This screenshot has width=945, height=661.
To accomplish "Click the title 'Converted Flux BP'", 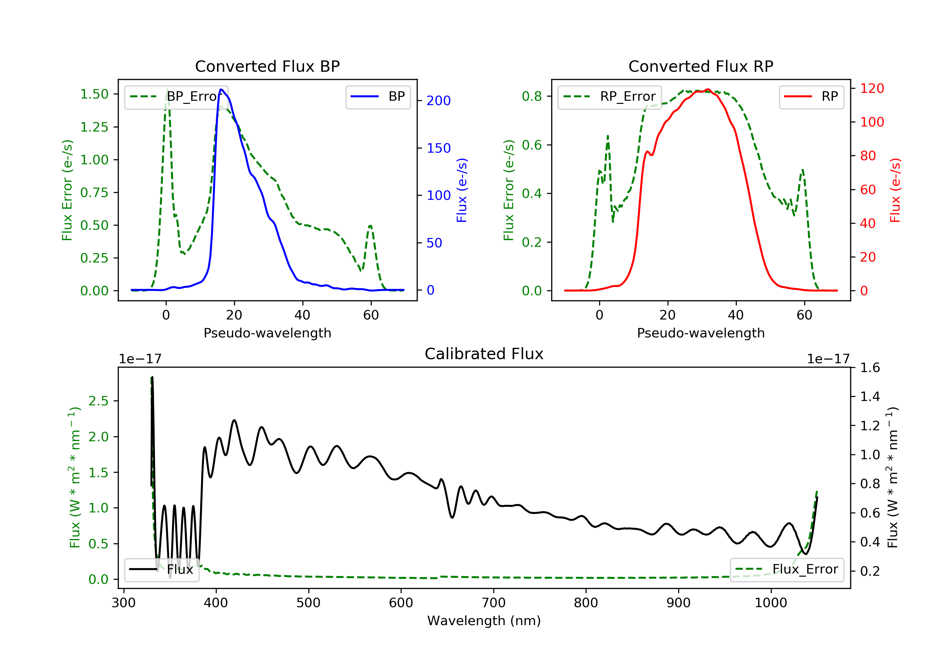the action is pyautogui.click(x=267, y=66).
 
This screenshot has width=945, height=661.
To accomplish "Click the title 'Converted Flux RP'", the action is pyautogui.click(x=701, y=66).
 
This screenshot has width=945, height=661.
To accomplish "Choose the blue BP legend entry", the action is pyautogui.click(x=378, y=97).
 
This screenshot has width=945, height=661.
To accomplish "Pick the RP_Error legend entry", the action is pyautogui.click(x=609, y=97).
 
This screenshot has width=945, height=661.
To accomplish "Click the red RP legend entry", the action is pyautogui.click(x=811, y=97).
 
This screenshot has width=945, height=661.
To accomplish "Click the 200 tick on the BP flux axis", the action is pyautogui.click(x=438, y=101).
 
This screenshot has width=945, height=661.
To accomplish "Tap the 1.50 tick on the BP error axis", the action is pyautogui.click(x=94, y=94).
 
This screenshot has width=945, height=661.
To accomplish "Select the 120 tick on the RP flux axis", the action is pyautogui.click(x=872, y=88).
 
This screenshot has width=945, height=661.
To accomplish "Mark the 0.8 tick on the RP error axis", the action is pyautogui.click(x=532, y=96).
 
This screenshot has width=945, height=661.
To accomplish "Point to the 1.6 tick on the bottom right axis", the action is pyautogui.click(x=870, y=367).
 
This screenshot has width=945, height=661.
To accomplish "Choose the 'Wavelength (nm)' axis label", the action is pyautogui.click(x=484, y=621).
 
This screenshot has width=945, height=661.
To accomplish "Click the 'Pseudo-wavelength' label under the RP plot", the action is pyautogui.click(x=701, y=333).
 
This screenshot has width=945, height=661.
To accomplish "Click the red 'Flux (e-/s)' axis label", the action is pyautogui.click(x=895, y=190).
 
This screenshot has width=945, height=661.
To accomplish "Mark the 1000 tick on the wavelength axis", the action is pyautogui.click(x=770, y=603).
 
